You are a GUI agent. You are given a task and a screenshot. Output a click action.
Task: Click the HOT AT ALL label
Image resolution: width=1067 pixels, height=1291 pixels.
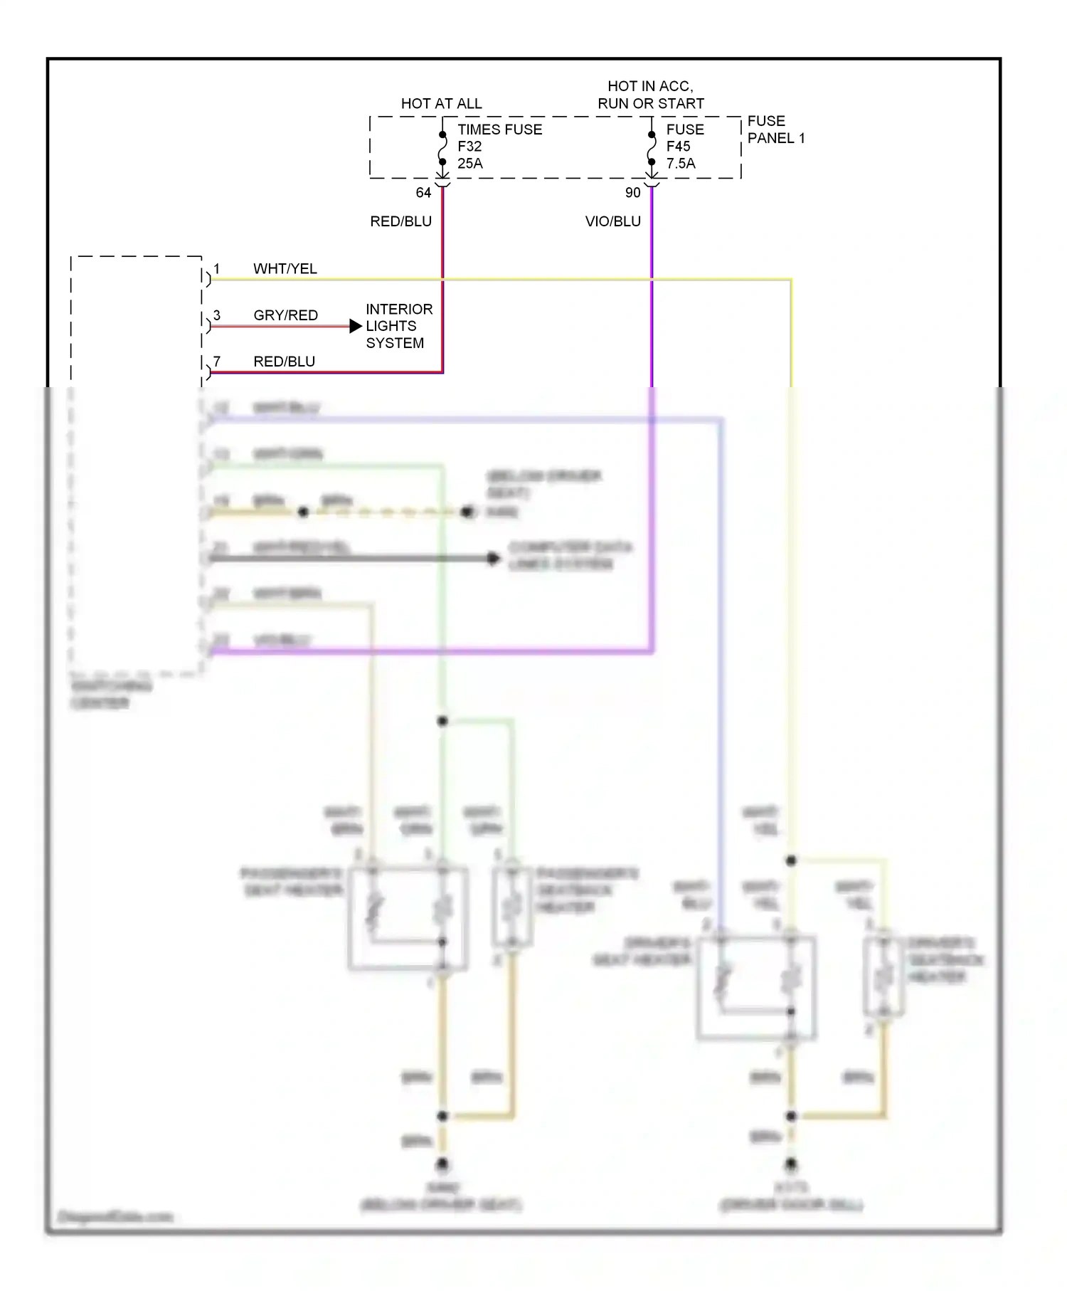point(441,104)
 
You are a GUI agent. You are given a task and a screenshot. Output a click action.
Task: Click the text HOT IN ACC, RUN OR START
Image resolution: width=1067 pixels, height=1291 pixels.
point(650,95)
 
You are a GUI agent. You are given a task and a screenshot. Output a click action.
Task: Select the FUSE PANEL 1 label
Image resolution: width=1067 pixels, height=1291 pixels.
point(775,130)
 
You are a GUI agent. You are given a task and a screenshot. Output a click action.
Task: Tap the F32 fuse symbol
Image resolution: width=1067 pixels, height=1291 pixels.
point(442,149)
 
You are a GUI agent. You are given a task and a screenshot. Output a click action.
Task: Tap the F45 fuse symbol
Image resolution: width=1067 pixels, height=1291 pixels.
point(652,149)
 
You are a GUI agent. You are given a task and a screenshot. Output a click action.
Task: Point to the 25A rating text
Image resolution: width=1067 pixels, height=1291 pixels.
point(469,164)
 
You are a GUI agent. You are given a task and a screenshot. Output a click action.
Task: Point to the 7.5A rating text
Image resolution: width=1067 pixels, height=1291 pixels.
point(680,164)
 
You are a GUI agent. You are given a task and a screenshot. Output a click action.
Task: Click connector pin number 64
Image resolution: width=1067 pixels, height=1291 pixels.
point(423,193)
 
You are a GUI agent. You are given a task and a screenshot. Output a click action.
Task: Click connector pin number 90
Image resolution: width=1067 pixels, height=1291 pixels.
point(632,193)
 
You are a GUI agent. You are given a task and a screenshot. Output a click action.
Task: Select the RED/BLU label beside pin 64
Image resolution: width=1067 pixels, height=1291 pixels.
point(400,221)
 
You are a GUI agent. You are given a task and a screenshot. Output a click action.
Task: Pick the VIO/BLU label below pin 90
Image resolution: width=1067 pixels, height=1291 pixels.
point(612,221)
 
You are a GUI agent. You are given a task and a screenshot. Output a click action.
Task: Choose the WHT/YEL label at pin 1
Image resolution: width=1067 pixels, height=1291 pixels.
point(285,269)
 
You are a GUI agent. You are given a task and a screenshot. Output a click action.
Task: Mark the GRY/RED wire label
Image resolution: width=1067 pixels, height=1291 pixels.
point(285,315)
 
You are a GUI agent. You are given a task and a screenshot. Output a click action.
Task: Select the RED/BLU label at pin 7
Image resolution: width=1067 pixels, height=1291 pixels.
point(284,362)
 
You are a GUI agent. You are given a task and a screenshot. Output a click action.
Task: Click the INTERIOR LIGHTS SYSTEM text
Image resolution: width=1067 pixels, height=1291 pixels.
point(398,326)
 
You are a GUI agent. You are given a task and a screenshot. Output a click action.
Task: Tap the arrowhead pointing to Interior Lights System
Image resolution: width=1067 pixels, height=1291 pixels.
point(356,327)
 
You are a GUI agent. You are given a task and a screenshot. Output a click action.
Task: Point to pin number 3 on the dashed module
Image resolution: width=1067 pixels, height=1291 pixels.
point(217,315)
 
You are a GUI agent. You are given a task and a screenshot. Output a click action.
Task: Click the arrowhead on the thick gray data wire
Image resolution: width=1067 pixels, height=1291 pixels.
point(494,559)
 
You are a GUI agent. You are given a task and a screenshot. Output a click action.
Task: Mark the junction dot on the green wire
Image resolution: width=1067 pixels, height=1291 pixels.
point(442,721)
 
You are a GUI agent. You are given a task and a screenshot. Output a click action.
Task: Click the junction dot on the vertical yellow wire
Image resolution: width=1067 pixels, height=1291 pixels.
point(791,861)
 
